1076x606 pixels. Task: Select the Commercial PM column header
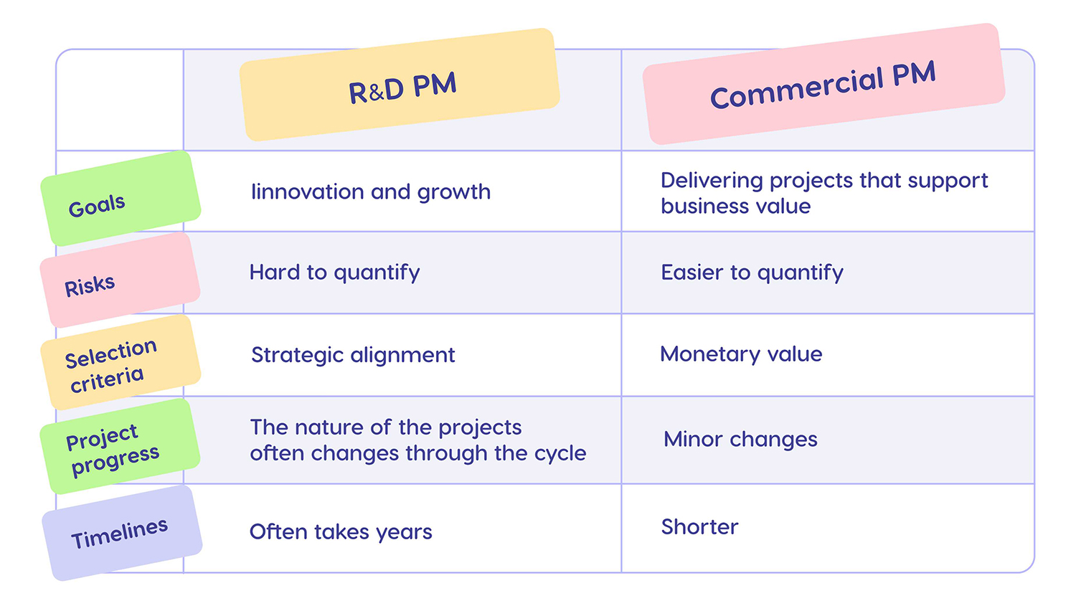point(823,84)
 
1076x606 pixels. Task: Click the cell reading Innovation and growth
point(370,192)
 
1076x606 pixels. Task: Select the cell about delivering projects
point(823,193)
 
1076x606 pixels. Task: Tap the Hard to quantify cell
point(334,273)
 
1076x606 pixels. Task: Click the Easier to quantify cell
point(752,273)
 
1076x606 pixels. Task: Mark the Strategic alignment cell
point(353,355)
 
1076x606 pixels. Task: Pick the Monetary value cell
point(741,354)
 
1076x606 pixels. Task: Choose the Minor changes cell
point(740,439)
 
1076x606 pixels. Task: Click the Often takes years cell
point(341,532)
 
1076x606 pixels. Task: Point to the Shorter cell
point(699,527)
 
